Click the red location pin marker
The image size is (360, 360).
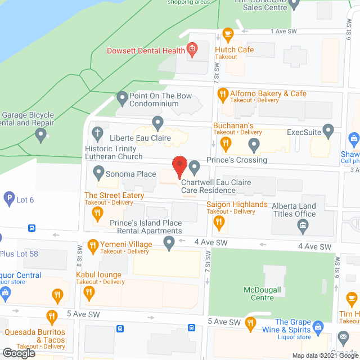coord(179,166)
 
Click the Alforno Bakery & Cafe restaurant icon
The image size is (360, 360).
coord(223,93)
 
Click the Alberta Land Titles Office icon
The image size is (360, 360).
coord(303,227)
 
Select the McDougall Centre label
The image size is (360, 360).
coord(266,294)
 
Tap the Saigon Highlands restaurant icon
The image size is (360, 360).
coord(219,223)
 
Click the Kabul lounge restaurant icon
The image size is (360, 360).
coord(88,291)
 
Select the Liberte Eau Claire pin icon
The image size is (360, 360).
coord(158,122)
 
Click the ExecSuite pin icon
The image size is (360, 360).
coord(329,132)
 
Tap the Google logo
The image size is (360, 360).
coord(18,353)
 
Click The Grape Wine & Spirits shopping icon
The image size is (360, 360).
coord(317,326)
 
